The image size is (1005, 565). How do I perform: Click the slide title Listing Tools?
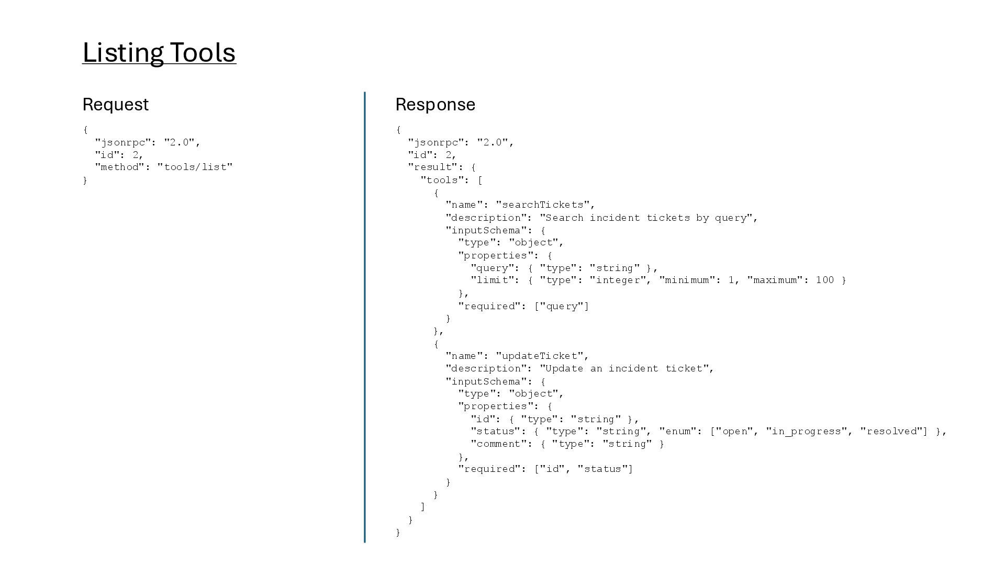159,53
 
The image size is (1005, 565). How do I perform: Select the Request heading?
116,104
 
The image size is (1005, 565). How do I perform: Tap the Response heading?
435,104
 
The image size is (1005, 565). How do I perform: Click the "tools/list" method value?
195,167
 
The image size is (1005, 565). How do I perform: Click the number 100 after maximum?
824,280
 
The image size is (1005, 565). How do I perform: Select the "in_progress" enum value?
807,431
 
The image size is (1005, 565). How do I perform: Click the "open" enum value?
734,431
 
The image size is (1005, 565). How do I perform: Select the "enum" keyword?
678,431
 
